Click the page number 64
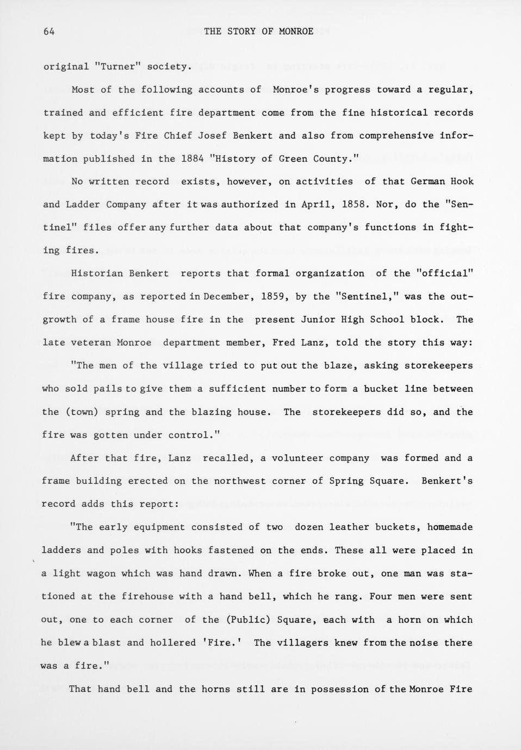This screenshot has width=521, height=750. tap(49, 32)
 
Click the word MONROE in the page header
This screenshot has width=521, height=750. tap(296, 32)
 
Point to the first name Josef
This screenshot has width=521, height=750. tap(212, 136)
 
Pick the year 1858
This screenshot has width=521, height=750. tap(356, 204)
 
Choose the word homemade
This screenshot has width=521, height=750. tap(450, 527)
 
